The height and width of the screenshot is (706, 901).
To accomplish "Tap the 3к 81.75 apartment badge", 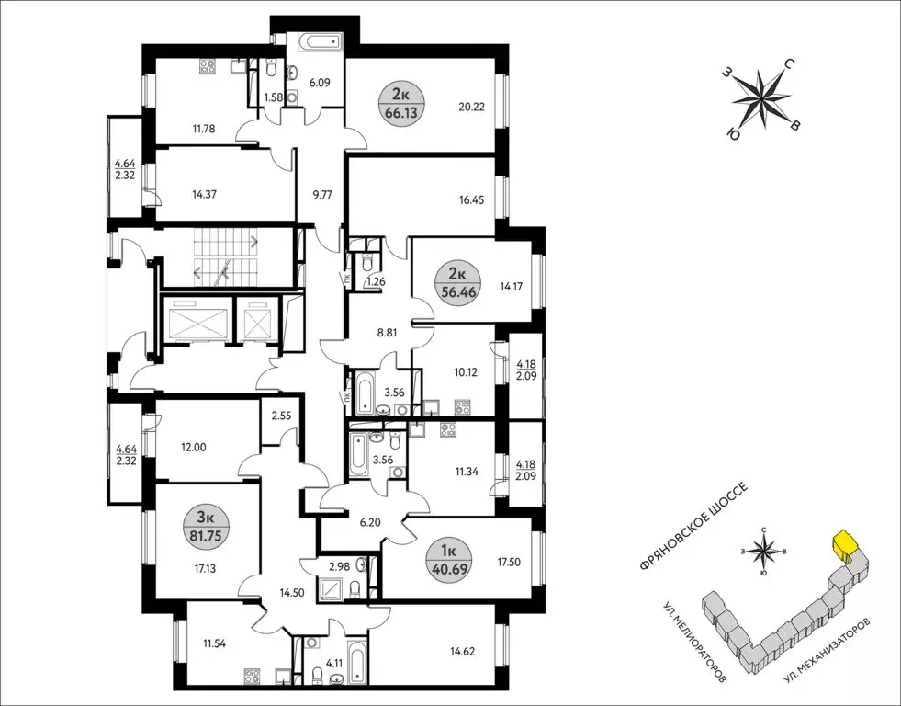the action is tap(207, 527).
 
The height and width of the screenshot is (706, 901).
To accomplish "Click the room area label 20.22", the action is tap(471, 107).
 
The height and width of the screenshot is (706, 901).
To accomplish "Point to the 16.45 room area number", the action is tap(471, 200).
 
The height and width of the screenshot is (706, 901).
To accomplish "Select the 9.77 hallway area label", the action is tap(321, 194).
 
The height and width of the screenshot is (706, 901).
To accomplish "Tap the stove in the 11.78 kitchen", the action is tap(208, 67).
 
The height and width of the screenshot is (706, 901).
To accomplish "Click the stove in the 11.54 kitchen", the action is tap(252, 675).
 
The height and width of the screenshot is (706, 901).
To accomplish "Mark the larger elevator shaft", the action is tap(196, 319).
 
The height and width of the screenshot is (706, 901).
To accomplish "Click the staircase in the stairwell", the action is tap(224, 256).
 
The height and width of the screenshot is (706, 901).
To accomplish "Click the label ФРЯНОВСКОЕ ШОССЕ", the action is tap(694, 526).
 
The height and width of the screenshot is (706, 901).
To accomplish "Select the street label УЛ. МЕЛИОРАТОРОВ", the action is tap(694, 643).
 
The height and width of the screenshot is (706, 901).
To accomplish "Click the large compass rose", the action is tap(763, 99).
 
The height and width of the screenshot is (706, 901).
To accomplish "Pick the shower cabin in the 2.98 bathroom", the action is tap(332, 588).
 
